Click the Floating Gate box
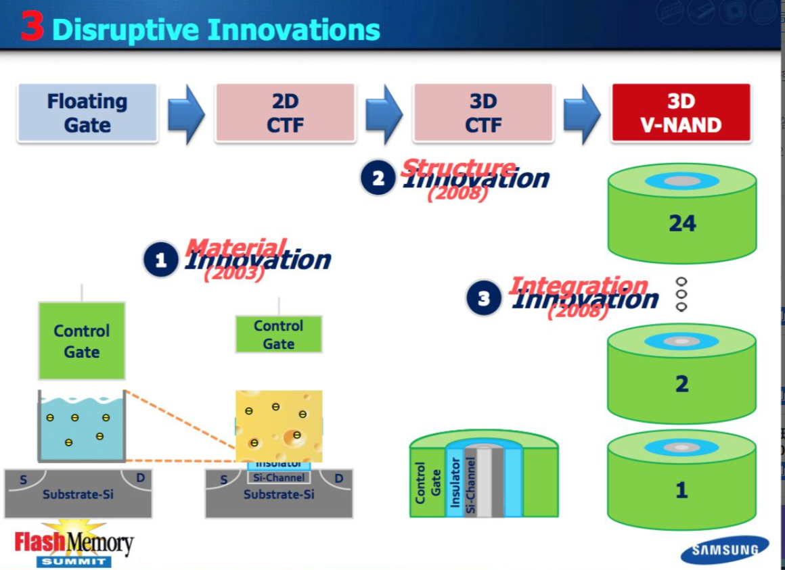pyautogui.click(x=87, y=113)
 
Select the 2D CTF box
pyautogui.click(x=285, y=113)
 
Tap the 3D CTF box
pyautogui.click(x=483, y=113)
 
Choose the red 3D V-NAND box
pyautogui.click(x=681, y=113)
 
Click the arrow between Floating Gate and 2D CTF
pyautogui.click(x=185, y=114)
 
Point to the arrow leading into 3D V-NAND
pyautogui.click(x=581, y=114)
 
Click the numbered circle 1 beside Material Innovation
pyautogui.click(x=161, y=260)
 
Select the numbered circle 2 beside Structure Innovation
pyautogui.click(x=378, y=179)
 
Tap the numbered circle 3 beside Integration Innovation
pyautogui.click(x=484, y=299)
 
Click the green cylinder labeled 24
pyautogui.click(x=681, y=223)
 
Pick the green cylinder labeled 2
pyautogui.click(x=681, y=383)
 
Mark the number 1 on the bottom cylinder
pyautogui.click(x=681, y=490)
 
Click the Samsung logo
pyautogui.click(x=725, y=550)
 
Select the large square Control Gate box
pyautogui.click(x=82, y=341)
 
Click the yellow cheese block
pyautogui.click(x=279, y=425)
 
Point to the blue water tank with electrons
pyautogui.click(x=82, y=426)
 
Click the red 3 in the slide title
pyautogui.click(x=32, y=28)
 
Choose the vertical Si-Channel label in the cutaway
pyautogui.click(x=470, y=485)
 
